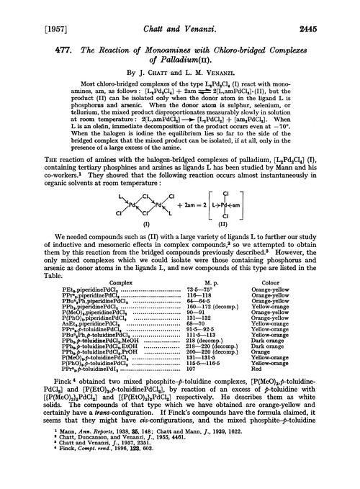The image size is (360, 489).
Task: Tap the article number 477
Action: [34, 40]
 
